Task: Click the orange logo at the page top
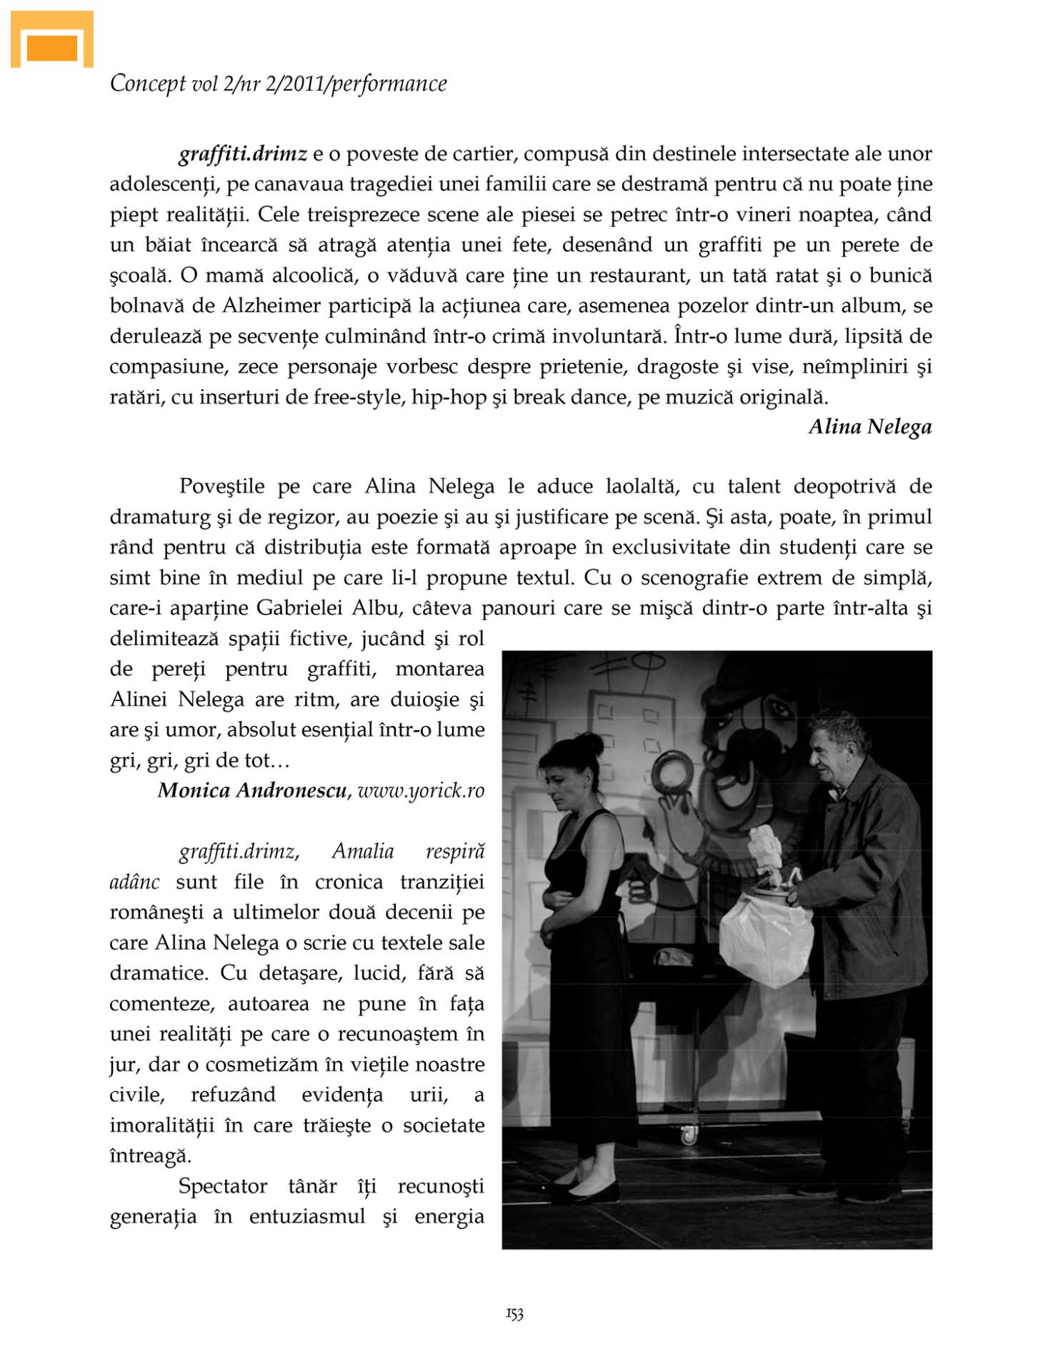click(51, 41)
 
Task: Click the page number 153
click(514, 1313)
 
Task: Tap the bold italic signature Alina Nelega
click(869, 427)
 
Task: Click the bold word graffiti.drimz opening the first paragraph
click(243, 154)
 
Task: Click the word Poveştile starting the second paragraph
click(222, 487)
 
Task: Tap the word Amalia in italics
click(363, 851)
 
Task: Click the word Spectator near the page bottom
click(222, 1186)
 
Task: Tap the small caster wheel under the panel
click(689, 1134)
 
